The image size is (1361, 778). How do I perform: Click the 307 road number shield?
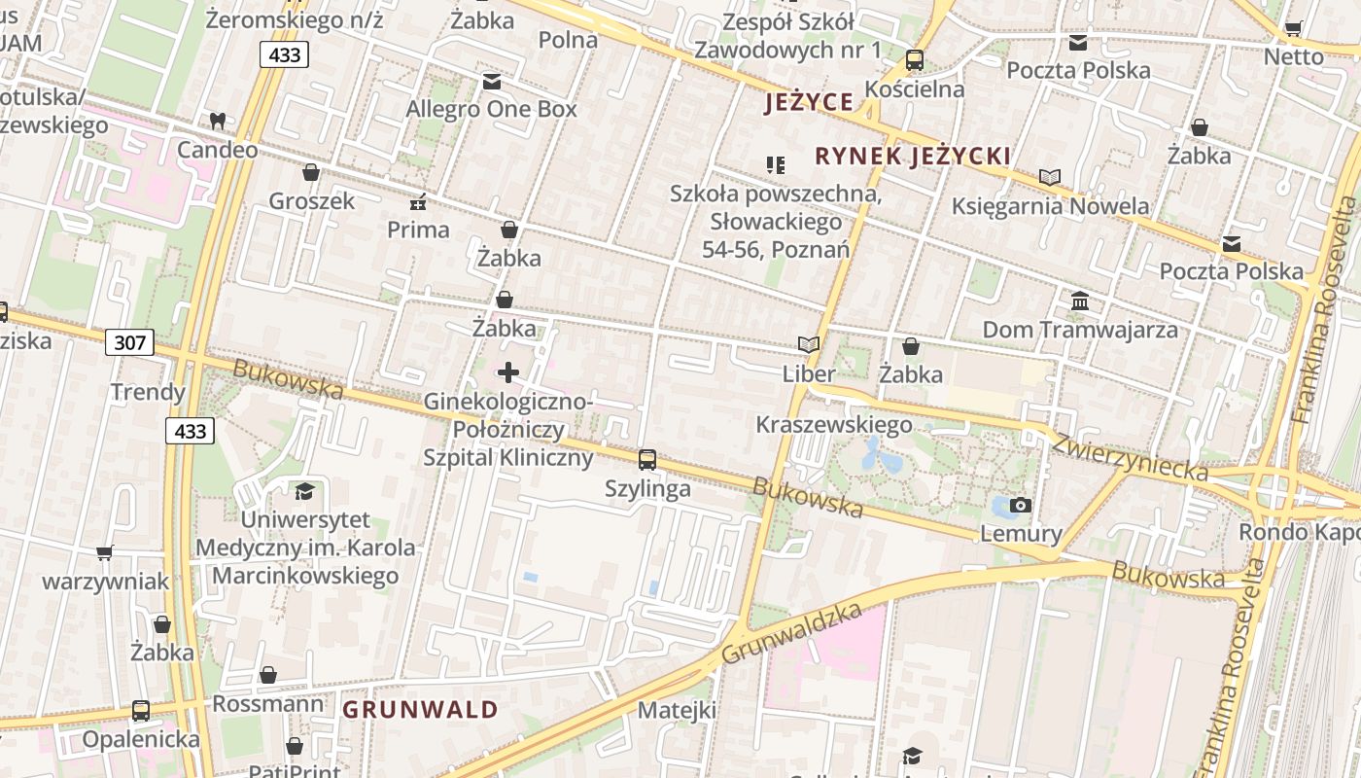[129, 342]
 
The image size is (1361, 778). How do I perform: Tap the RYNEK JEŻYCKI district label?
[913, 157]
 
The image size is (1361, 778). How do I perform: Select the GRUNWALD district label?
[420, 709]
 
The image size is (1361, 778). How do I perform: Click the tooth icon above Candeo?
[218, 122]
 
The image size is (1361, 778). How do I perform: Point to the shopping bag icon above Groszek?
[311, 173]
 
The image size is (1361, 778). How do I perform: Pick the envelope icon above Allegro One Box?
[492, 82]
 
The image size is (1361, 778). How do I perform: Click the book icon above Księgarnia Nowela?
[1049, 178]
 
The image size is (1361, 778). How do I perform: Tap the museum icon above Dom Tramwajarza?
[1080, 301]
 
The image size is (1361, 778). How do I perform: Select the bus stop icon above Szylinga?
[647, 460]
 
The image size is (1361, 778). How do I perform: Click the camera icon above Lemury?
[1021, 505]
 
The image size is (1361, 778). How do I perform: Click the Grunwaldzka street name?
[792, 633]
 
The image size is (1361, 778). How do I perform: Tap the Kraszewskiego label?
[834, 425]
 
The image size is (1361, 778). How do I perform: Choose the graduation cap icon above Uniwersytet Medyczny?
[305, 492]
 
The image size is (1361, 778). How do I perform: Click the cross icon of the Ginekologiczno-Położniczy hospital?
[508, 371]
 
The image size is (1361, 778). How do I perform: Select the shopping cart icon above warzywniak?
[105, 553]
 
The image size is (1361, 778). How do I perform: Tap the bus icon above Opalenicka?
[141, 711]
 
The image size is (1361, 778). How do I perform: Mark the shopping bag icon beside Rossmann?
[268, 675]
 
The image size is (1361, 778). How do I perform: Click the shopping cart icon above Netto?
[1294, 28]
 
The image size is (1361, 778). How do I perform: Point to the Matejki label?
[677, 710]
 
